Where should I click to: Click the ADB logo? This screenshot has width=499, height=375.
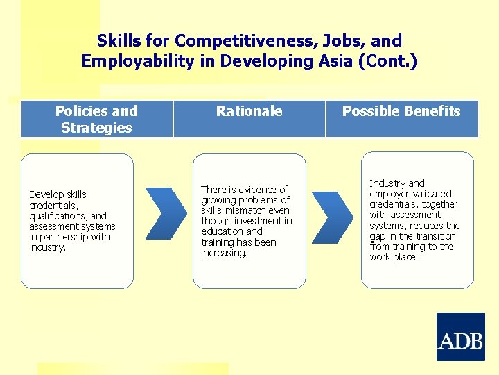[x=460, y=337]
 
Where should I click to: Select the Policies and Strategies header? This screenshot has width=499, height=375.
[x=96, y=119]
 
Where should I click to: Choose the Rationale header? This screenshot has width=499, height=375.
[x=249, y=111]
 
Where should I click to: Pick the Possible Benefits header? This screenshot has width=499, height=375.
[x=401, y=111]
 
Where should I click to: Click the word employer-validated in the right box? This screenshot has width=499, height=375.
[x=410, y=194]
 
